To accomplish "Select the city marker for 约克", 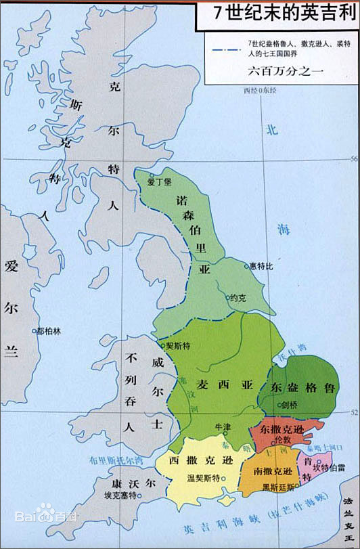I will (227, 297).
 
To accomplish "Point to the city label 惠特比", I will (261, 266).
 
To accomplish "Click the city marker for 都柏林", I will (34, 331).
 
